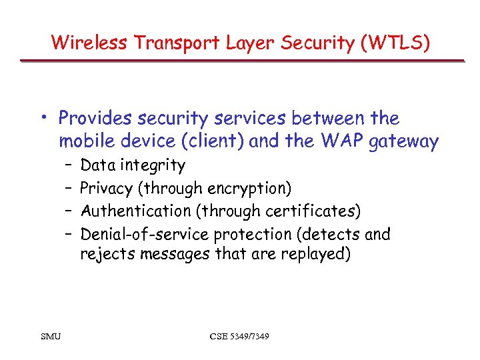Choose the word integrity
pyautogui.click(x=154, y=165)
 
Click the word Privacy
pyautogui.click(x=106, y=189)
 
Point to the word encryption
pyautogui.click(x=250, y=189)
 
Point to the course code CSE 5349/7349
pyautogui.click(x=239, y=336)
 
